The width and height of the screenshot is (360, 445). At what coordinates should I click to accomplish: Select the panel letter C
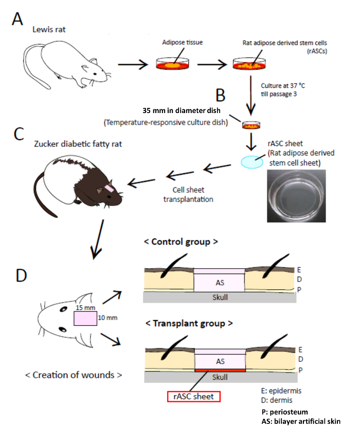(19, 134)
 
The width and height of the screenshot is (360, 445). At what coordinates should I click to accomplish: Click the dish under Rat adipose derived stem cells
(251, 65)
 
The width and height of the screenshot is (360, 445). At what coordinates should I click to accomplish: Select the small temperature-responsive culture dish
(251, 125)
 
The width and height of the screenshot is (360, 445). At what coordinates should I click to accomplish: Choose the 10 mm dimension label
(105, 318)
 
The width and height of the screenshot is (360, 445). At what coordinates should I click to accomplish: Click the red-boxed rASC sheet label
(193, 396)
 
